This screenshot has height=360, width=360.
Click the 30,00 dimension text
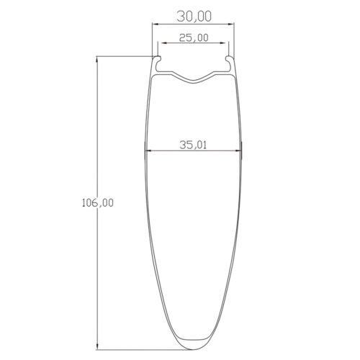[193, 14]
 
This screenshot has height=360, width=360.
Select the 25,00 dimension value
[193, 37]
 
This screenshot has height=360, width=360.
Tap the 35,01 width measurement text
[193, 145]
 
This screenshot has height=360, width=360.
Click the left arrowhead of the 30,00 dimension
[153, 25]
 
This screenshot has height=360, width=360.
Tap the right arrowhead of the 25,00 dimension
[226, 43]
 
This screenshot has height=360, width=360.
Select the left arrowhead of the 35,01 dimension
[148, 151]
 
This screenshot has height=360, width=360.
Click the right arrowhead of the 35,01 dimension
[240, 151]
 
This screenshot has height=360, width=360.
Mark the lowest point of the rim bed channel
[194, 81]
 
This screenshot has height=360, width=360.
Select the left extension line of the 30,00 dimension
[151, 40]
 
